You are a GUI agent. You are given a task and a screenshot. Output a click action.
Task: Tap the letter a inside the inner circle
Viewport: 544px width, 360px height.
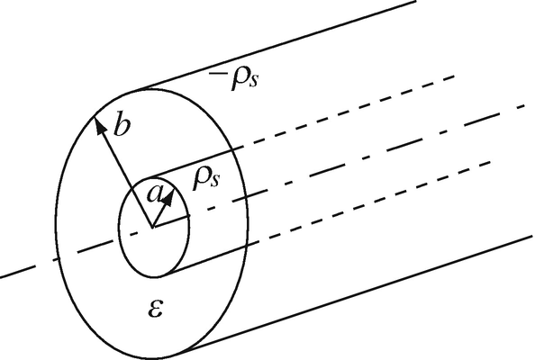coord(155,193)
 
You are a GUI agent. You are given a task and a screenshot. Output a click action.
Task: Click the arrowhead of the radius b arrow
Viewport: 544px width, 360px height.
coord(98,127)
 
